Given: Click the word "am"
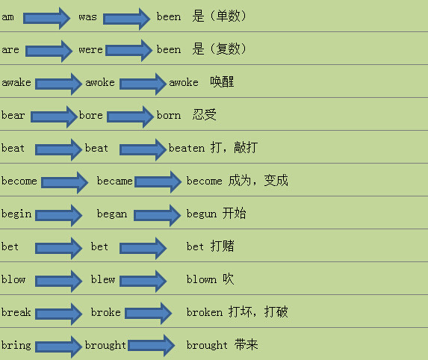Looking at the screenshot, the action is point(7,17).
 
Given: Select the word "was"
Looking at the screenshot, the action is point(87,17).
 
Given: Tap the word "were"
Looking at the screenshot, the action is point(90,50).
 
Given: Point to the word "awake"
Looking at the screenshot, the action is point(16,82).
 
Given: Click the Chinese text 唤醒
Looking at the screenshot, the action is point(222,82).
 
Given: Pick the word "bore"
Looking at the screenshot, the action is point(91,115).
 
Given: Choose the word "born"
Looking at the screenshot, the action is point(169,115).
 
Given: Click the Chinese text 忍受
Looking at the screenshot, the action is point(205,114).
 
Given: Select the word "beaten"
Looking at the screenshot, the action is point(187,148).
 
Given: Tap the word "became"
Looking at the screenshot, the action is point(114,181).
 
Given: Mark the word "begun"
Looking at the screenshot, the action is point(202,214).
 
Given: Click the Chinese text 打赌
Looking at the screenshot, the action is point(222,246).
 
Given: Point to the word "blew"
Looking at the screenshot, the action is point(103,279).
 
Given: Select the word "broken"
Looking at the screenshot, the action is point(205,312).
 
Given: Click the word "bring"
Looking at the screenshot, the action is point(16,345).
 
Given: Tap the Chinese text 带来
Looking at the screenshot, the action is point(246,344).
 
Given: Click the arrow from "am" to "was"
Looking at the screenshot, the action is point(46,19).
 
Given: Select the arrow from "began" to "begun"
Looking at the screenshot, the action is point(157,215).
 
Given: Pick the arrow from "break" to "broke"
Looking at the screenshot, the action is point(59,314).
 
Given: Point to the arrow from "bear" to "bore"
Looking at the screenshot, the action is point(54,117).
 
